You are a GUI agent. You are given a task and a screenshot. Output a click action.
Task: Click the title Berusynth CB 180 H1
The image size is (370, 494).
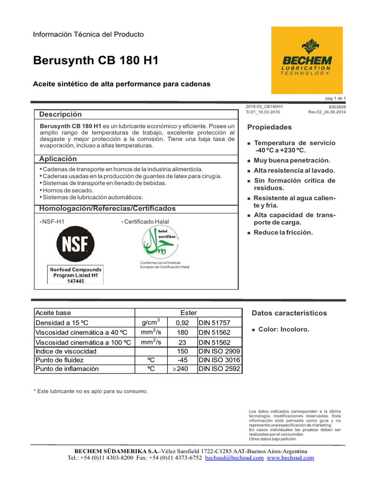95,61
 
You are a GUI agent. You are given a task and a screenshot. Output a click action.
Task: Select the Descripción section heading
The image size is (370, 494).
60,114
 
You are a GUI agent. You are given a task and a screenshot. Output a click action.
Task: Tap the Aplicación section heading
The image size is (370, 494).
58,159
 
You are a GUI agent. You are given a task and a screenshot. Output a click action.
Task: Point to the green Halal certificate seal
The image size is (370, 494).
159,242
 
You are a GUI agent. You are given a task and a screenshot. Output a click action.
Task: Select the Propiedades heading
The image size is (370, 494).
269,127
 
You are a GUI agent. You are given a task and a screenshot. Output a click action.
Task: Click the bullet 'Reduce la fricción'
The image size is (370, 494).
283,233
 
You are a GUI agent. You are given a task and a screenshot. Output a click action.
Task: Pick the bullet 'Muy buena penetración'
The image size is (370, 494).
292,160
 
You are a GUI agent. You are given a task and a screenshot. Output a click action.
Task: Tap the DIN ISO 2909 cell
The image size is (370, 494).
220,351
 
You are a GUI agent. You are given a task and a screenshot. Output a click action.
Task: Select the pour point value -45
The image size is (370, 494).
182,360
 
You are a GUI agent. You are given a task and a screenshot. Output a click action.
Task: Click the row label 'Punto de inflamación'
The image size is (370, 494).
67,369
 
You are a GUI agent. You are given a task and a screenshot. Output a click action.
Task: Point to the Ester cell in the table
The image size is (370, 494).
188,313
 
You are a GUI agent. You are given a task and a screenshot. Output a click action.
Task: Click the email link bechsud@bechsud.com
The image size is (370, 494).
234,458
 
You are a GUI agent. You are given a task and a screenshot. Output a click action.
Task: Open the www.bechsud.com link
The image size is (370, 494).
290,458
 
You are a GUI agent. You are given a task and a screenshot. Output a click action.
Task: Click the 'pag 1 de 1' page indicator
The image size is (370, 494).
336,98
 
